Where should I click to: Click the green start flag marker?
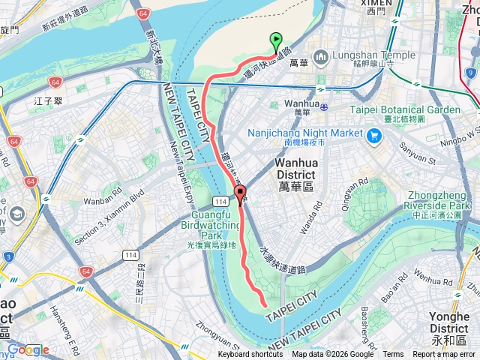click(x=275, y=42)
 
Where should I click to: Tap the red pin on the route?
click(x=240, y=196)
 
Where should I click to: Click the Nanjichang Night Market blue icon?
click(x=374, y=136)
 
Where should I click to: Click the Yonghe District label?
click(x=449, y=322)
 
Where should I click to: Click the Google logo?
click(x=28, y=349)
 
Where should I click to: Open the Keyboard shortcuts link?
click(x=250, y=355)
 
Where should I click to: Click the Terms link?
click(x=393, y=355)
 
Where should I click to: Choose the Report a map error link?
click(x=444, y=355)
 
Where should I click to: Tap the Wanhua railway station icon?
click(x=323, y=106)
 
